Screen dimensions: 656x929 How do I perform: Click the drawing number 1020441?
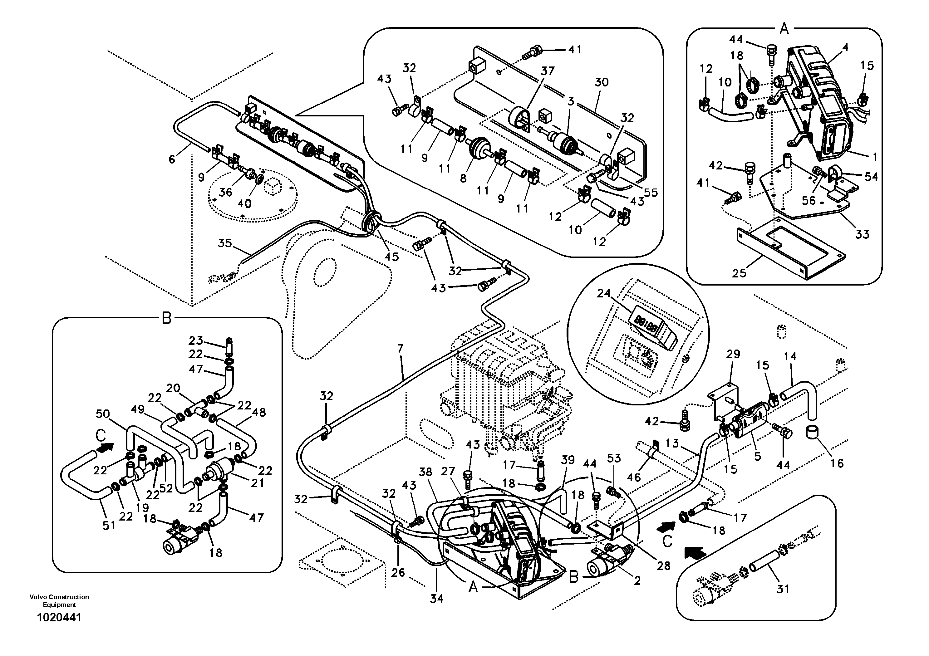coord(59,618)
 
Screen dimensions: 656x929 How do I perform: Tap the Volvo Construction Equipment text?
coord(59,600)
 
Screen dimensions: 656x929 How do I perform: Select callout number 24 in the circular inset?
coord(604,294)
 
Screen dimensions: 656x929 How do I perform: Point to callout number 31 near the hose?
coord(783,589)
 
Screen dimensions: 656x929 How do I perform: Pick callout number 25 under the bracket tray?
coord(739,273)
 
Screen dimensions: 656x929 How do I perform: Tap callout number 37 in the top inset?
coord(548,71)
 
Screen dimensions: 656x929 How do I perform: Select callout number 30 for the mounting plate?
coord(602,82)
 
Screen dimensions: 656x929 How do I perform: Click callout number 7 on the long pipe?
coord(400,349)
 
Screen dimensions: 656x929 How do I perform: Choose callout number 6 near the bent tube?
coord(172,159)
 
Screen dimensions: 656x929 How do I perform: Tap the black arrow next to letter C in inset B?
coord(106,447)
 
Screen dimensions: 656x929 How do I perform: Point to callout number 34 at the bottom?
coord(437,599)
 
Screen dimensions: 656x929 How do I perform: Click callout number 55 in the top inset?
coord(651,193)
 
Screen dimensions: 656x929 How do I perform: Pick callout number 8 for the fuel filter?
coord(463,178)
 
